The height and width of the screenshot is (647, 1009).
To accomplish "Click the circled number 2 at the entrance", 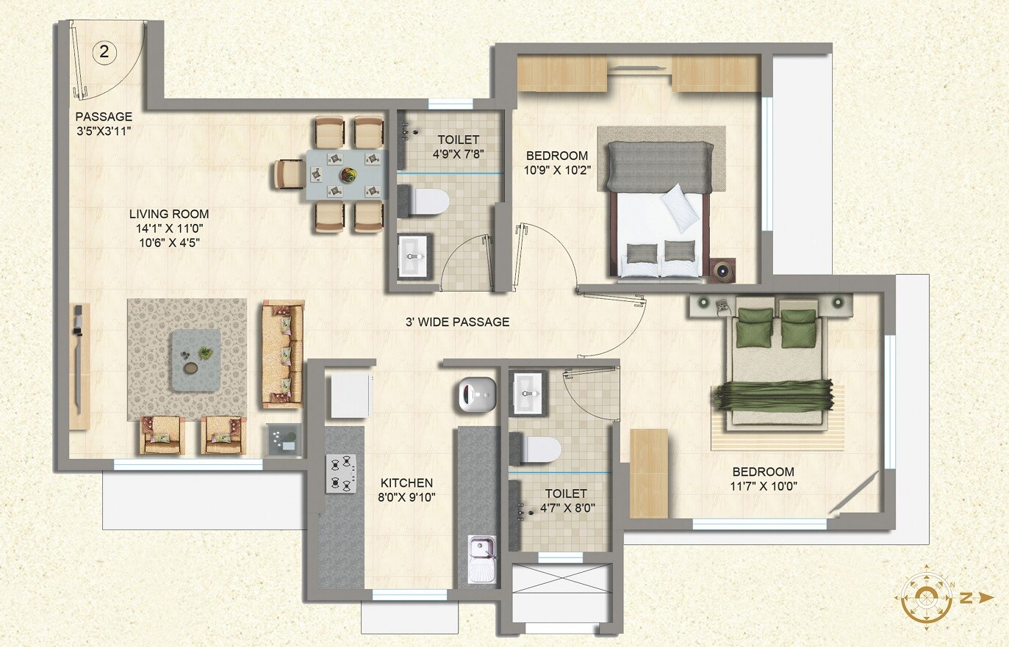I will tap(104, 51).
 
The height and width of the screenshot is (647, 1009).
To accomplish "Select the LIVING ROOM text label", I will tap(169, 214).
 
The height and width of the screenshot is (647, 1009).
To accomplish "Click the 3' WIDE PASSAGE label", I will tap(457, 322).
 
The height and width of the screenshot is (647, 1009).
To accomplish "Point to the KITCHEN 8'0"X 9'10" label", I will tap(406, 490).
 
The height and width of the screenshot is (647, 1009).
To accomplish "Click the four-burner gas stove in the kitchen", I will tap(341, 474).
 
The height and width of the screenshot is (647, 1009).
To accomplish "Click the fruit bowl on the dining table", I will tap(348, 176).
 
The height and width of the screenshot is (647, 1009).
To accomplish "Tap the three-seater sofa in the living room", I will tap(283, 354).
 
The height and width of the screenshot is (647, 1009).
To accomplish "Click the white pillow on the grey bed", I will tap(681, 205).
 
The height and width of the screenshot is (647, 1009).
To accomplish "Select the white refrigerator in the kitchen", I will tap(350, 396).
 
